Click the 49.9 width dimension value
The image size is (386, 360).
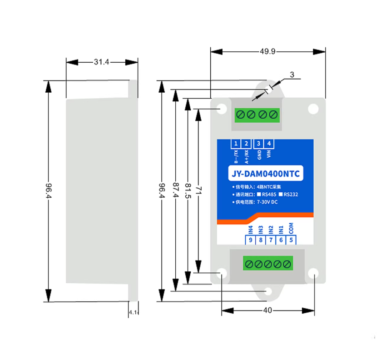click(x=267, y=51)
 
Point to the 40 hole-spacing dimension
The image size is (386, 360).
click(x=267, y=310)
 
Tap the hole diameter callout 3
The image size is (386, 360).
click(x=292, y=75)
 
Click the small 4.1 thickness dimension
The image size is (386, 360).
click(x=133, y=313)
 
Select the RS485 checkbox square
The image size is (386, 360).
click(x=258, y=194)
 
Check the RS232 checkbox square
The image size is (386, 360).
click(x=282, y=194)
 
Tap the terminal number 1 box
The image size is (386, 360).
click(x=236, y=144)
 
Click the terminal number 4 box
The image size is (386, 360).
click(x=269, y=144)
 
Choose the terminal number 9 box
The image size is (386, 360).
click(x=250, y=240)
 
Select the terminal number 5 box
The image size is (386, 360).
click(x=292, y=240)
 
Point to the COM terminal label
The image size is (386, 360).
click(x=292, y=228)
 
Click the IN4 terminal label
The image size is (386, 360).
click(x=250, y=229)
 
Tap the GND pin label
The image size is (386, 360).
click(x=259, y=155)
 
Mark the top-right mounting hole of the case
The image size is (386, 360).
click(x=313, y=109)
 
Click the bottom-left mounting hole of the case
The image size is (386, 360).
click(x=222, y=273)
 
